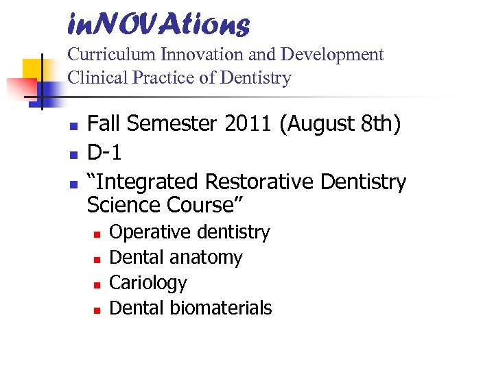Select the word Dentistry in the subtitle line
pos(256,78)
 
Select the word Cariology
pos(148,283)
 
